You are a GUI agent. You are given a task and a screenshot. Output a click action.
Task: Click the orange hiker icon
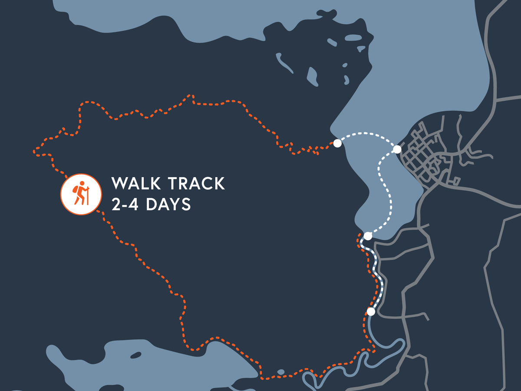pyautogui.click(x=81, y=194)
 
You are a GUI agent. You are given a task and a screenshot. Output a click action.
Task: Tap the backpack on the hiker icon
pyautogui.click(x=76, y=189)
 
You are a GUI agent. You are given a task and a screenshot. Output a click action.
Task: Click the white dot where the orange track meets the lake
pyautogui.click(x=337, y=143)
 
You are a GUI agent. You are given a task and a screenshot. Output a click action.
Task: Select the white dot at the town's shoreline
pyautogui.click(x=397, y=149)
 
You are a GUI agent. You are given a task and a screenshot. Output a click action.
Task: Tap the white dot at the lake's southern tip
pyautogui.click(x=368, y=236)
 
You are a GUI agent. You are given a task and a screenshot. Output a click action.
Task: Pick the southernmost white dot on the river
pyautogui.click(x=371, y=311)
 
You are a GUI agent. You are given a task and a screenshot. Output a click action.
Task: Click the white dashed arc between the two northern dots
pyautogui.click(x=367, y=133)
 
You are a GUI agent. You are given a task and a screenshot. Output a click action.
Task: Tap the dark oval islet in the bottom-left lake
pyautogui.click(x=136, y=355)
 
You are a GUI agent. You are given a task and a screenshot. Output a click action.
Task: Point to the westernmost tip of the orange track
pyautogui.click(x=34, y=152)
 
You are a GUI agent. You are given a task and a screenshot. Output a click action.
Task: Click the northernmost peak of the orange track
pyautogui.click(x=190, y=95)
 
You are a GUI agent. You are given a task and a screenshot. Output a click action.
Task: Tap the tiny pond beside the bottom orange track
pyautogui.click(x=281, y=372)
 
